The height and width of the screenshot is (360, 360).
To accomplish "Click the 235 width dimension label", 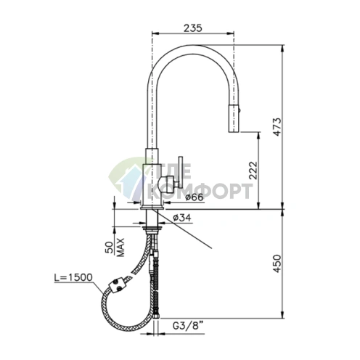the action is tap(192, 28).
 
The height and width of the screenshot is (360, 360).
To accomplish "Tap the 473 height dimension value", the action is tap(277, 127).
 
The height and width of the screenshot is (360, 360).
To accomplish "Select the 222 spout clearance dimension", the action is tap(253, 171).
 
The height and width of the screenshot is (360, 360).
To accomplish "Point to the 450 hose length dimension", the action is tap(277, 263).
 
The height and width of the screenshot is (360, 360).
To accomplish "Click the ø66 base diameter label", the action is tap(195, 197).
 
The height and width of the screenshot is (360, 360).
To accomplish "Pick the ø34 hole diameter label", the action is tap(182, 218).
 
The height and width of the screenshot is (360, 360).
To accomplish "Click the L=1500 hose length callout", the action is tap(73, 277).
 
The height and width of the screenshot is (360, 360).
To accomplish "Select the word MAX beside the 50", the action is tap(120, 247).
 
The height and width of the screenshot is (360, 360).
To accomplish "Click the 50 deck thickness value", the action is tap(109, 247).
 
